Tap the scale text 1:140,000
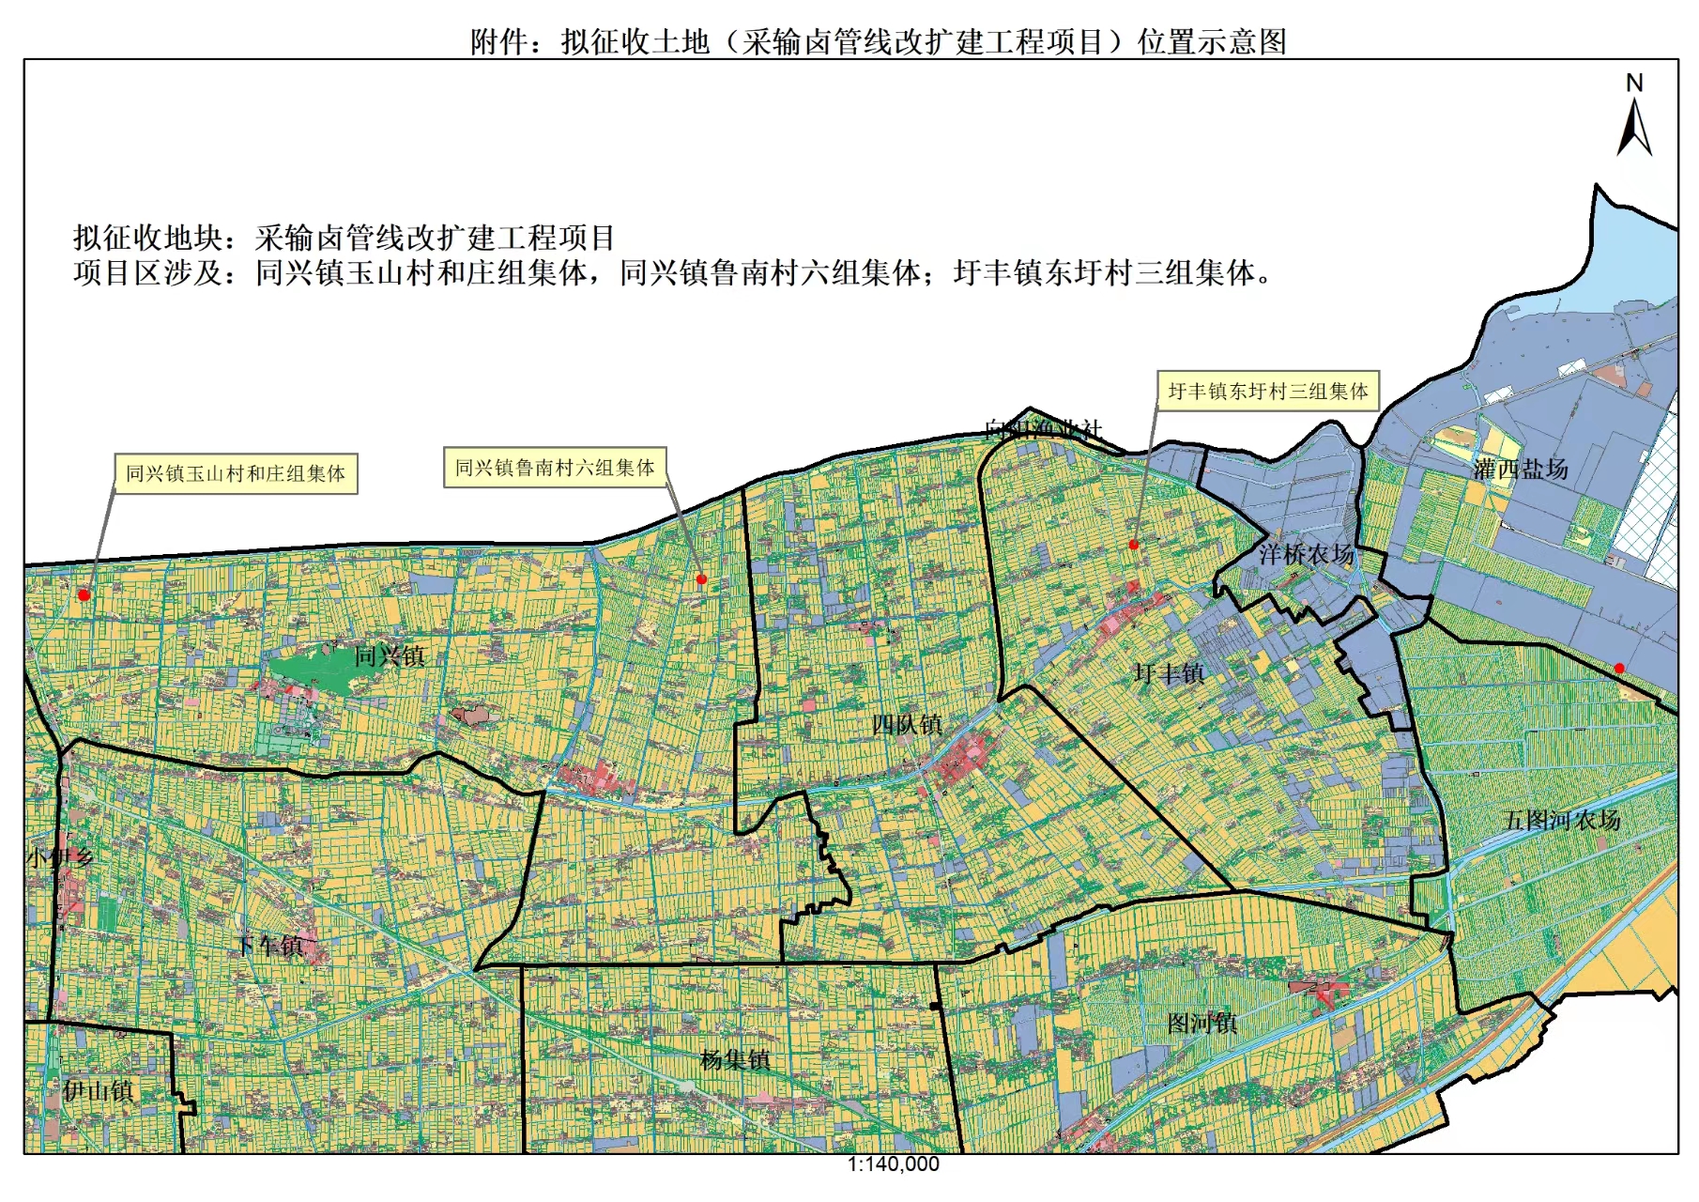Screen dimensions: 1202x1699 pos(893,1164)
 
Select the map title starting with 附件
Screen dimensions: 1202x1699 pos(878,41)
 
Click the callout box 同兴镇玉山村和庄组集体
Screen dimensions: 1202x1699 pos(236,473)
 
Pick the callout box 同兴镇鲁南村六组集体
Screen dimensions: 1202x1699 pos(555,467)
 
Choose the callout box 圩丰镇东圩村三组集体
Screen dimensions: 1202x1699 pos(1268,391)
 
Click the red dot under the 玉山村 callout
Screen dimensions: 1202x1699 pos(84,594)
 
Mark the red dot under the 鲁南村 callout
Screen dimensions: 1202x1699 pos(701,579)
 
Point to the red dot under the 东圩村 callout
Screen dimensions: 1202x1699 pos(1133,545)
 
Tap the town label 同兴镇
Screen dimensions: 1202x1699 pos(390,655)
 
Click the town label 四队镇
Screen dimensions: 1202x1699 pos(906,724)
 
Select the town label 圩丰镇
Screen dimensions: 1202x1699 pos(1169,673)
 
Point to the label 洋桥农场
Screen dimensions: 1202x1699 pos(1306,554)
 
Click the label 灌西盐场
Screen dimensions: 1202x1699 pos(1521,469)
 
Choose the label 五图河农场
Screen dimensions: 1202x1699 pos(1563,820)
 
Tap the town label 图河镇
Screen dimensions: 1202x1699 pos(1202,1023)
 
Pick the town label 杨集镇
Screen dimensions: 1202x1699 pos(735,1060)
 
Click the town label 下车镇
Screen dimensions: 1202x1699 pos(270,946)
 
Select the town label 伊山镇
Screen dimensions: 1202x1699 pos(99,1090)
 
